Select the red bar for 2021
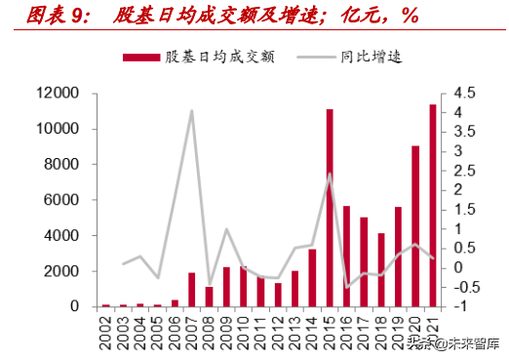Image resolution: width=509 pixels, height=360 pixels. pos(432,205)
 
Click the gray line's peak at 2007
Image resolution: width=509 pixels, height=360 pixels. pos(192,110)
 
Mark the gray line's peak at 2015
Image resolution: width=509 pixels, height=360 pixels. pos(330,175)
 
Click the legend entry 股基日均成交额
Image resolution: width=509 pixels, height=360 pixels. pos(200,57)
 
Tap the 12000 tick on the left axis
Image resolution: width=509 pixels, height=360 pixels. pos(58,94)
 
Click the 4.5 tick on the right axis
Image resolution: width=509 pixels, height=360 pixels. pos(463,94)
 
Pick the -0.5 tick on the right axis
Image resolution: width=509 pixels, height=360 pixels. pos(465,287)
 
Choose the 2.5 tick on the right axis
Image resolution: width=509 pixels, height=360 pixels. pos(463,171)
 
